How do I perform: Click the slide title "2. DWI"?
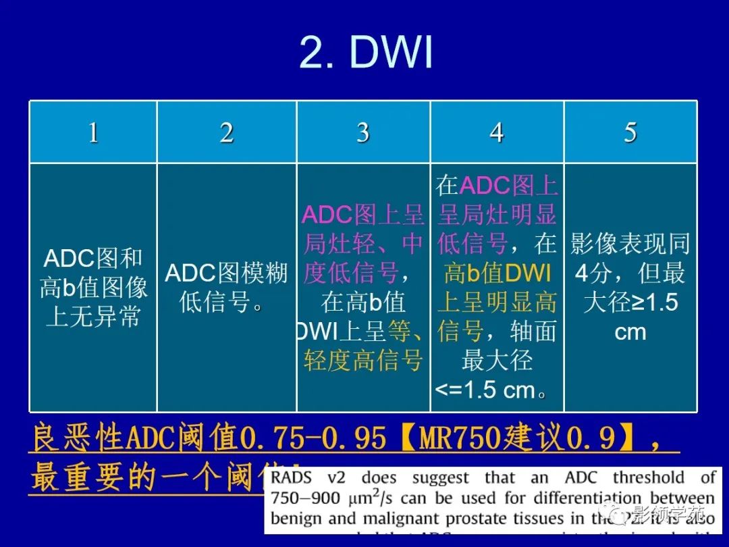click(365, 53)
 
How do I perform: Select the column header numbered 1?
click(93, 132)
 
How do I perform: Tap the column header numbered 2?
click(227, 132)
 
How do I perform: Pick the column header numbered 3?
click(363, 132)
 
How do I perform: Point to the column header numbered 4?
click(497, 132)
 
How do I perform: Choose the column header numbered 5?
click(630, 132)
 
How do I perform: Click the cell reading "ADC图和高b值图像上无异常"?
click(93, 287)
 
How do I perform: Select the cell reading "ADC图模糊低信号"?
click(226, 287)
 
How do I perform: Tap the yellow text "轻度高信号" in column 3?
click(363, 361)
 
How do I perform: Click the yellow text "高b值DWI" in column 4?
click(497, 273)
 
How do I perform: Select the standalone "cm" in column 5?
click(630, 332)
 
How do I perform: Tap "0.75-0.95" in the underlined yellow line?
click(313, 439)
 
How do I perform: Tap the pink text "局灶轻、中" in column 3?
click(363, 244)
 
